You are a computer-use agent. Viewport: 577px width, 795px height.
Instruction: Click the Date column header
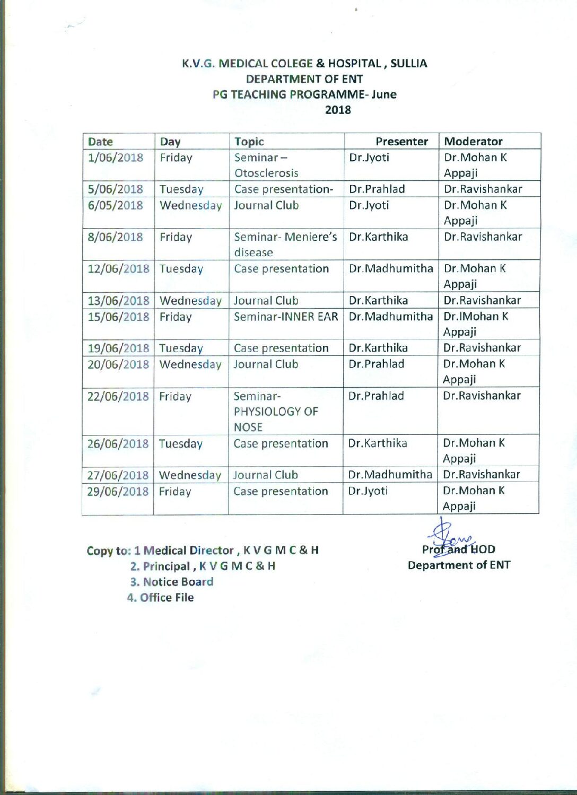[x=101, y=142]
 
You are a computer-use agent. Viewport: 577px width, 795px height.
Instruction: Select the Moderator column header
[x=473, y=142]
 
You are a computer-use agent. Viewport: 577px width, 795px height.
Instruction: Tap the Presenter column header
[x=401, y=142]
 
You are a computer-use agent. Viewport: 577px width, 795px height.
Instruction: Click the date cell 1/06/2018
[x=116, y=158]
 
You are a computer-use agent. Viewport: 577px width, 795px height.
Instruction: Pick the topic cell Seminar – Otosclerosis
[x=266, y=165]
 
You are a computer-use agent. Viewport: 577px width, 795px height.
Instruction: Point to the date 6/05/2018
[x=115, y=206]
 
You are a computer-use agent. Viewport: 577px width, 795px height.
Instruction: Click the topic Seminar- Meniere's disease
[x=285, y=244]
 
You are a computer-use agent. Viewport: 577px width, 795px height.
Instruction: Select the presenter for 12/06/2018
[x=391, y=269]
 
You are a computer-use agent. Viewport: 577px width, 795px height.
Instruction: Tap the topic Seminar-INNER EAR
[x=286, y=317]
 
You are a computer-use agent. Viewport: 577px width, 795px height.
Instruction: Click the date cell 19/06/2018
[x=118, y=348]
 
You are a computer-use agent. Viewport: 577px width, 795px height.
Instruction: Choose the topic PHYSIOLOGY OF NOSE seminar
[x=275, y=412]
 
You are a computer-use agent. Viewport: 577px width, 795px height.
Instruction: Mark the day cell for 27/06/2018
[x=190, y=475]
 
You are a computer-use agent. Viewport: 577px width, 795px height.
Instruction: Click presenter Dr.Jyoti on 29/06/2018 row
[x=368, y=491]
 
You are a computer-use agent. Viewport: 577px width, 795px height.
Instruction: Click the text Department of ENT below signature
[x=459, y=565]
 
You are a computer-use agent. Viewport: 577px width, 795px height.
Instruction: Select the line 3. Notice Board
[x=171, y=582]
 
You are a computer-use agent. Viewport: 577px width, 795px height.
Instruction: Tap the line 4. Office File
[x=160, y=598]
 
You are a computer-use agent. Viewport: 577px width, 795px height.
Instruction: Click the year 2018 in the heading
[x=338, y=110]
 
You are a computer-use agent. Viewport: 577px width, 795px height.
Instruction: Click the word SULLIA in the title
[x=408, y=64]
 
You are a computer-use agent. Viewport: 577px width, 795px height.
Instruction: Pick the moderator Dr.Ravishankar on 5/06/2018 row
[x=483, y=189]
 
